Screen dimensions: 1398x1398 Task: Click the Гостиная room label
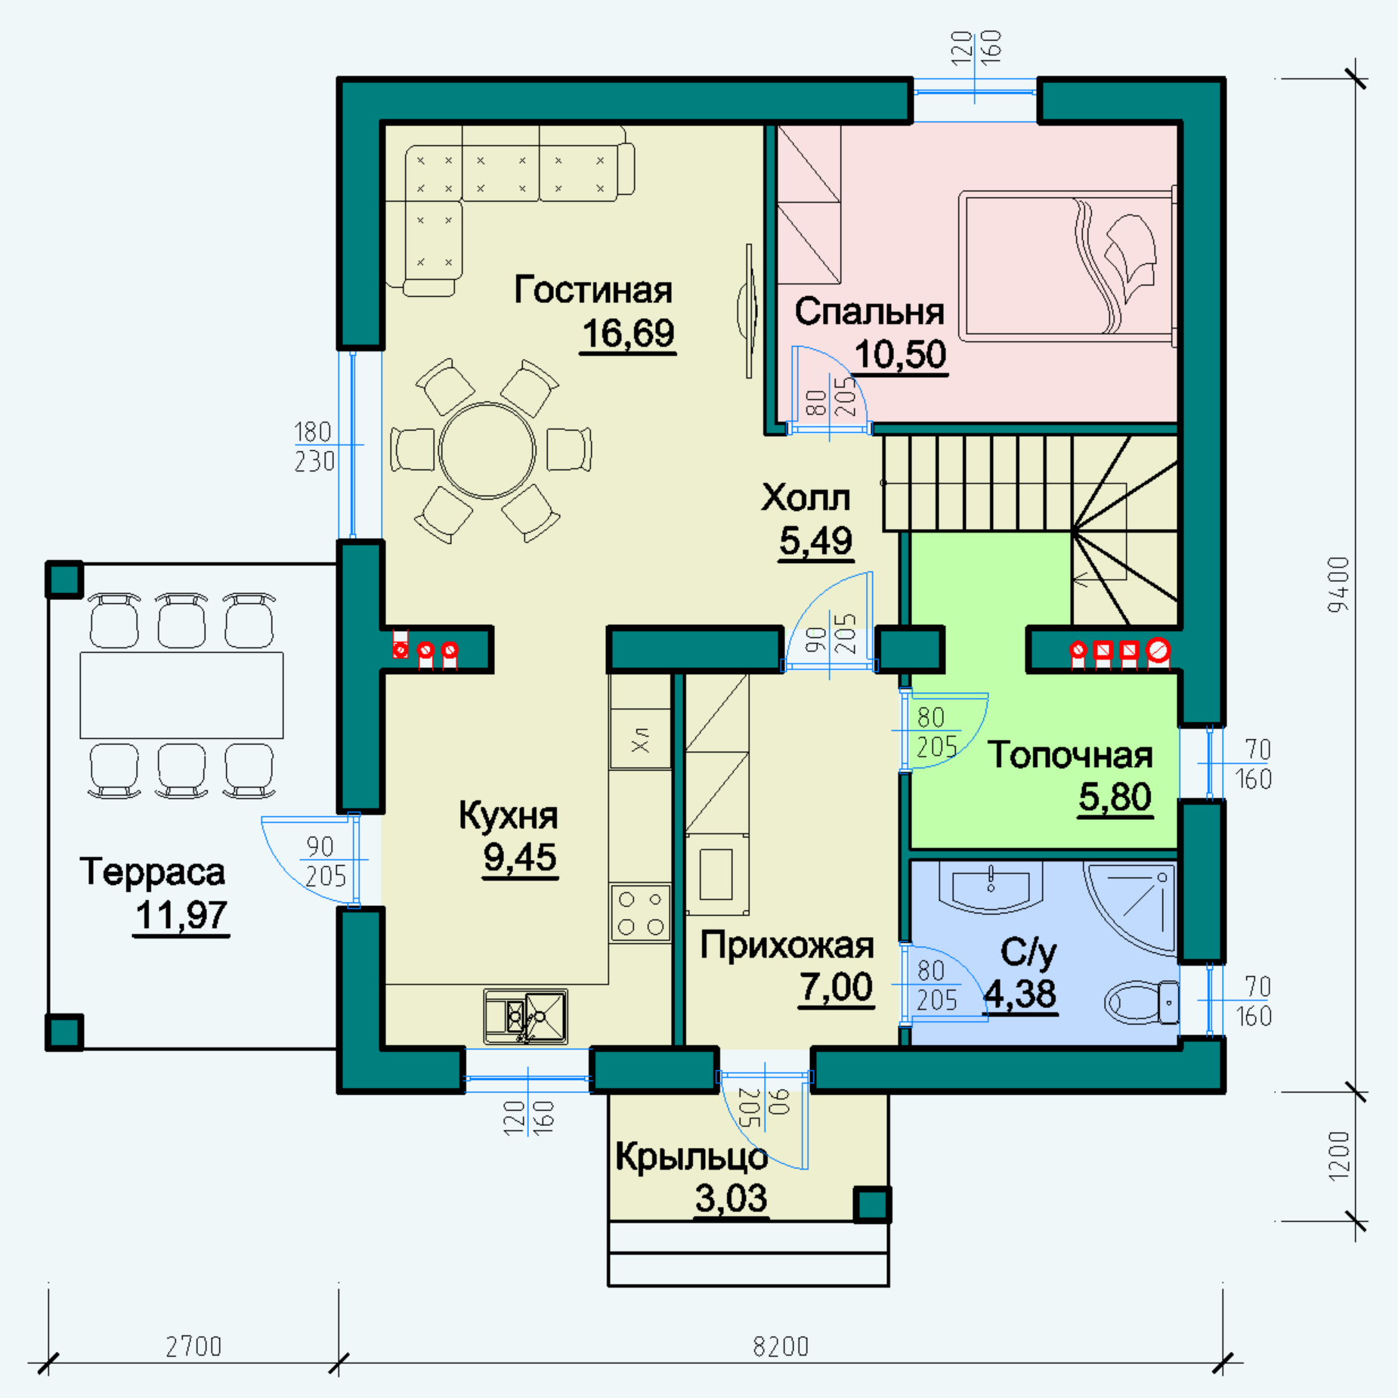pos(593,290)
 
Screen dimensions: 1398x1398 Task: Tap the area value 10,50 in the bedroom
pos(901,354)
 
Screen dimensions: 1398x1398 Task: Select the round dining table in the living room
pos(487,450)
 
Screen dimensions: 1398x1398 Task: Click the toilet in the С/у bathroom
pos(1142,1002)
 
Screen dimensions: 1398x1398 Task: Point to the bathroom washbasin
pos(991,887)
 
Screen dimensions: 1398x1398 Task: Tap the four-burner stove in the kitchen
pos(640,913)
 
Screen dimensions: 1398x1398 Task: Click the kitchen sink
pos(526,1016)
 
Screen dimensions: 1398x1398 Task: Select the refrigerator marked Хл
pos(640,739)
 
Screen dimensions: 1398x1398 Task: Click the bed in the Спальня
pos(1068,266)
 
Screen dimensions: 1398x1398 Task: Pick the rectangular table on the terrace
pos(181,695)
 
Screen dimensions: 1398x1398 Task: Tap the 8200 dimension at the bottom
pos(781,1347)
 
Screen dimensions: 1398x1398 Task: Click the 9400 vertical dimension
pos(1338,585)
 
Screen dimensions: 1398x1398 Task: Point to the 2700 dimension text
pos(193,1347)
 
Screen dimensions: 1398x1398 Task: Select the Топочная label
pos(1070,755)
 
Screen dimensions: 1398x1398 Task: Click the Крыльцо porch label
pos(691,1158)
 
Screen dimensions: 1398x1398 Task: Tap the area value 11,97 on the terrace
pos(181,915)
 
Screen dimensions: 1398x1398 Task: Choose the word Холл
pos(806,497)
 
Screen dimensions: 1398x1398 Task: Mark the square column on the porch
pos(873,1205)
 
